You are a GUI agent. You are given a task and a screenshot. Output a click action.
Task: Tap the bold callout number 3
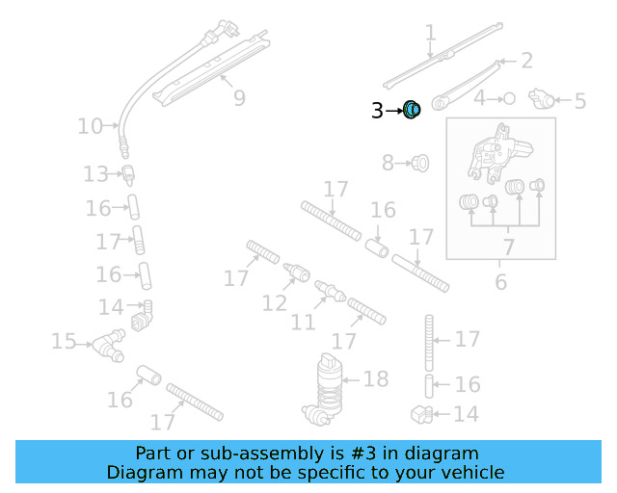point(377,112)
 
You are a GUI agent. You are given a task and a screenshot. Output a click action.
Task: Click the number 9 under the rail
point(238,97)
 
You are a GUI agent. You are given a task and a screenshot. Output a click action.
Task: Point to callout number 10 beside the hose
point(90,126)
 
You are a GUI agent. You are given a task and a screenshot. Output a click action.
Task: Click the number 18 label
point(375,378)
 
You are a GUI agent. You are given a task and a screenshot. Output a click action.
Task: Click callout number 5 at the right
point(579,100)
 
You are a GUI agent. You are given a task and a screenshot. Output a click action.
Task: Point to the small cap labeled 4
point(509,98)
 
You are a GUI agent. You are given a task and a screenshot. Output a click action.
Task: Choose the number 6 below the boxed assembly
point(500,282)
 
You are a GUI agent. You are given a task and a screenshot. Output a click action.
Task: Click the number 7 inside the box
point(507,247)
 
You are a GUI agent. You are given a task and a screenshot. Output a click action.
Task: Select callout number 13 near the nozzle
point(95,174)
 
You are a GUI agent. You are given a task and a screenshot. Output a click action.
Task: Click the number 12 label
point(275,304)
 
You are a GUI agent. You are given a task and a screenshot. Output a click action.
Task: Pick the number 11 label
point(303,322)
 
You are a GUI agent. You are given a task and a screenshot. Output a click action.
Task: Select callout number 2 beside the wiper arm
point(526,61)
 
